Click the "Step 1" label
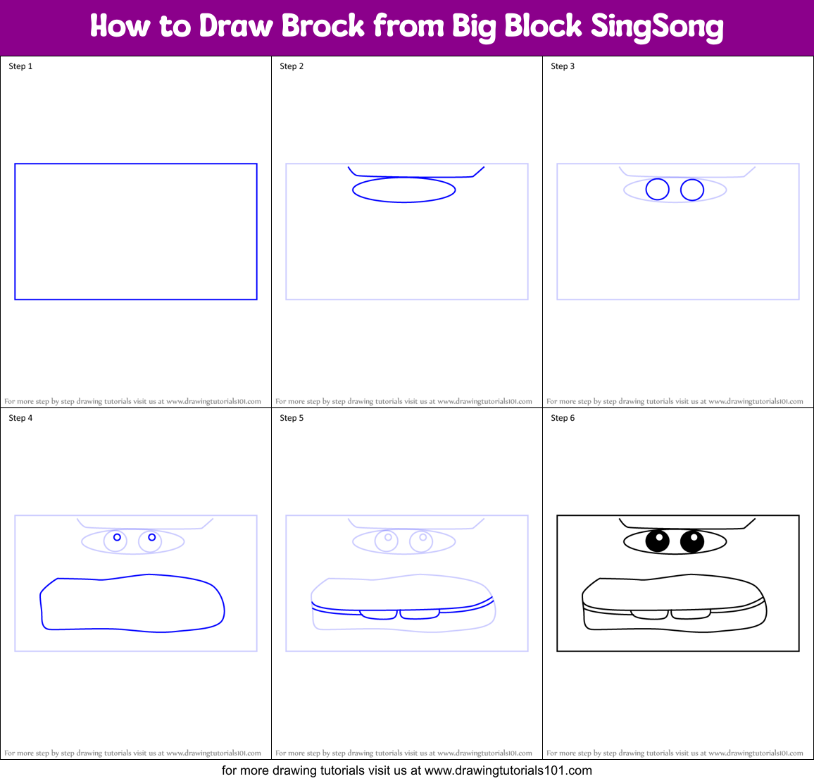pos(20,66)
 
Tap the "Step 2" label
pos(292,66)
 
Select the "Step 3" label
pos(563,66)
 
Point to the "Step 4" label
pos(20,418)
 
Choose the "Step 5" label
pos(292,418)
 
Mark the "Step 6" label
pos(563,418)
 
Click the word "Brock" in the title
pos(323,26)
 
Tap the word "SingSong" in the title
pos(656,27)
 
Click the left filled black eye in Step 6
pos(657,541)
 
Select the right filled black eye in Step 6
pos(692,541)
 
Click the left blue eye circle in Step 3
pos(657,190)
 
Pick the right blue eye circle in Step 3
pos(692,190)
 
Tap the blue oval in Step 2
pos(404,190)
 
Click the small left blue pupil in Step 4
pos(117,537)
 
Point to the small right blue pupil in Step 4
pos(152,537)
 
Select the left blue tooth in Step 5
pos(379,615)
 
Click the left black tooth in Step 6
pos(650,615)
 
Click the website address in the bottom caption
pos(508,770)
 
